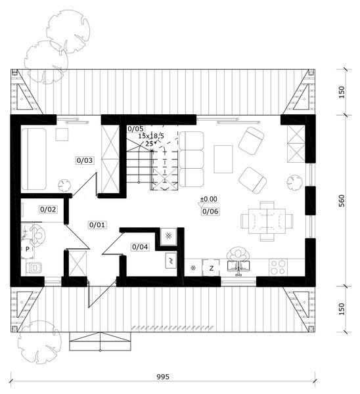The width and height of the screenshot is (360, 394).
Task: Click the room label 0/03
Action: point(85,160)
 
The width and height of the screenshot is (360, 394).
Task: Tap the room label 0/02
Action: point(48,209)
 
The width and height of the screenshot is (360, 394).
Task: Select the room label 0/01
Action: point(97,225)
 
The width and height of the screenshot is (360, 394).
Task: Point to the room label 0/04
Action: point(140,247)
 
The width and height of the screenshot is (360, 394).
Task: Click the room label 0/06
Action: point(210,211)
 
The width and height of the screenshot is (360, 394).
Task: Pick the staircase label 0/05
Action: point(135,129)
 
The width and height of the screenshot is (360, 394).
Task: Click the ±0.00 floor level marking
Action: point(208,199)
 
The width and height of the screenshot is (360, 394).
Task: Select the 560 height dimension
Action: point(342,201)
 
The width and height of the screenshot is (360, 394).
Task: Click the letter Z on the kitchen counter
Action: point(212,269)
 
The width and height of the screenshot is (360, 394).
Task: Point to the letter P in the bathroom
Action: point(28,250)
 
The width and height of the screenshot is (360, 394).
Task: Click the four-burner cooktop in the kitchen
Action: point(278,267)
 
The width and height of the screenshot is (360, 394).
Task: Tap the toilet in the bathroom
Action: point(35,268)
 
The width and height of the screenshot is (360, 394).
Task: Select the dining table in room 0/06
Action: point(267,221)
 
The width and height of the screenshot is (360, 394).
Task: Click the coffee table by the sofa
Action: point(223,159)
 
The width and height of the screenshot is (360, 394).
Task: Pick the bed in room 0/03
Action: point(34,159)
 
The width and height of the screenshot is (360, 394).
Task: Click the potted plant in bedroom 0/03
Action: point(64,185)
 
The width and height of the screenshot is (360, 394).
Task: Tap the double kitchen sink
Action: point(238,267)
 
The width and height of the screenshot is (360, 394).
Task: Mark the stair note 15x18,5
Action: point(151,136)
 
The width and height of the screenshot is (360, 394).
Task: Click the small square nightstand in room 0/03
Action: point(62,135)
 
